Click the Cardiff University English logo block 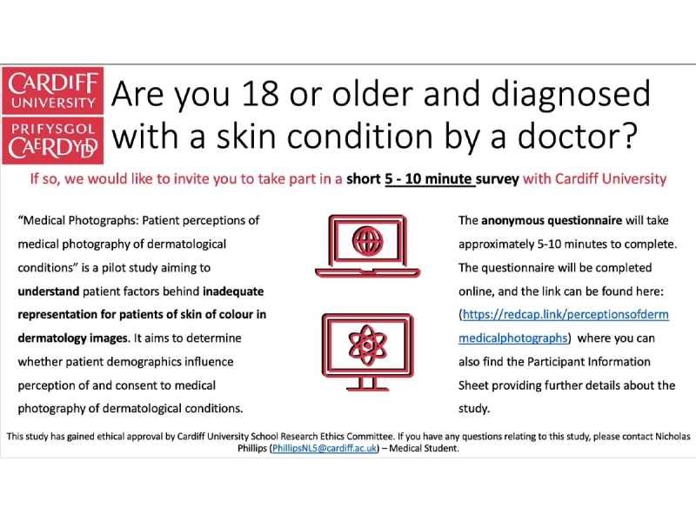53,91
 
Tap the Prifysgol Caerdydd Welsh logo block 53,141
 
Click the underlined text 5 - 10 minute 428,179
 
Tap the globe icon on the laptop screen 367,242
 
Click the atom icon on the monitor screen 367,345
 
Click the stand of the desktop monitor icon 367,384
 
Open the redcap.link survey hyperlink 564,326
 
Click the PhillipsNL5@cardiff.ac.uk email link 325,448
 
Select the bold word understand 49,291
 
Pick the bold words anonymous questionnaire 552,221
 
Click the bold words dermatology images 73,338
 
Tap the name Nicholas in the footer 673,437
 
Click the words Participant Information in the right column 589,362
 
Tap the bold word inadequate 233,291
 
